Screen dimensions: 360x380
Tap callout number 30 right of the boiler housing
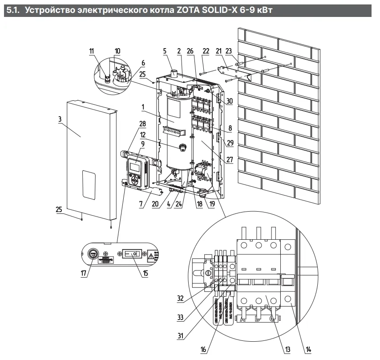click(230, 101)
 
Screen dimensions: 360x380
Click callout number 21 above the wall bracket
click(218, 52)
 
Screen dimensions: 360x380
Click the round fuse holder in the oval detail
click(93, 254)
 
